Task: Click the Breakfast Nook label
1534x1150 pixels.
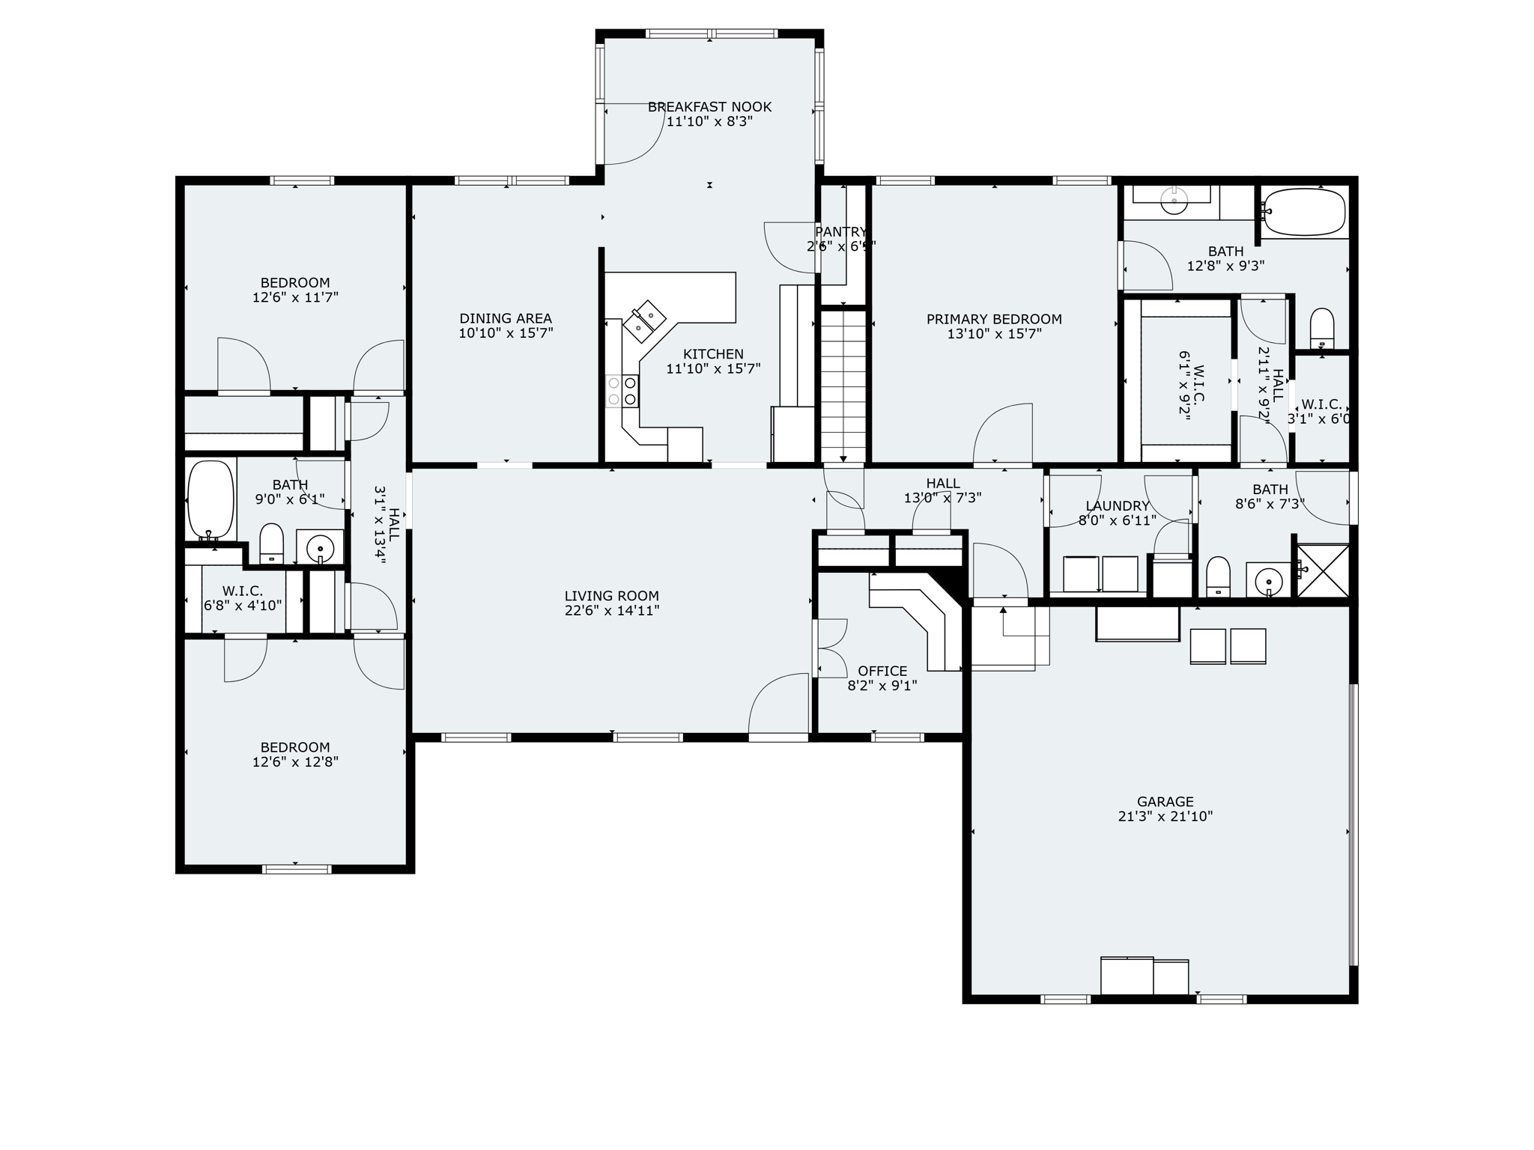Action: click(709, 107)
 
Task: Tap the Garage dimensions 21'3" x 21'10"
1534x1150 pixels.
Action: click(1165, 816)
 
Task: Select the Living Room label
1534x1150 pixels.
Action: click(611, 596)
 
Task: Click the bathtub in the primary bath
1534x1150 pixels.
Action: click(1304, 212)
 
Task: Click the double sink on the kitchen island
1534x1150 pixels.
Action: click(645, 320)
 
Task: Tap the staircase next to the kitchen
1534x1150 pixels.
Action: click(843, 386)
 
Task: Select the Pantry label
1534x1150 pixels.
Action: click(840, 232)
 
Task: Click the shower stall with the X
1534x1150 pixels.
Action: click(1322, 571)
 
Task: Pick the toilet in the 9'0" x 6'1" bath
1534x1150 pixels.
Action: click(271, 543)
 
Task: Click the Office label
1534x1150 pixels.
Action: click(882, 671)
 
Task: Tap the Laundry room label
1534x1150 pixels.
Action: click(1117, 506)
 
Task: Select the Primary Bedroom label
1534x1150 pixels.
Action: click(994, 319)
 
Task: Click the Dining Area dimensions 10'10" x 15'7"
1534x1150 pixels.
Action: click(506, 333)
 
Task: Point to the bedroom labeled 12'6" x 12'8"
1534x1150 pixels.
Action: click(295, 755)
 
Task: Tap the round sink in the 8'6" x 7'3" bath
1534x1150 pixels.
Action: click(1268, 579)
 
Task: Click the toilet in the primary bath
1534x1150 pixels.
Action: click(1322, 329)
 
